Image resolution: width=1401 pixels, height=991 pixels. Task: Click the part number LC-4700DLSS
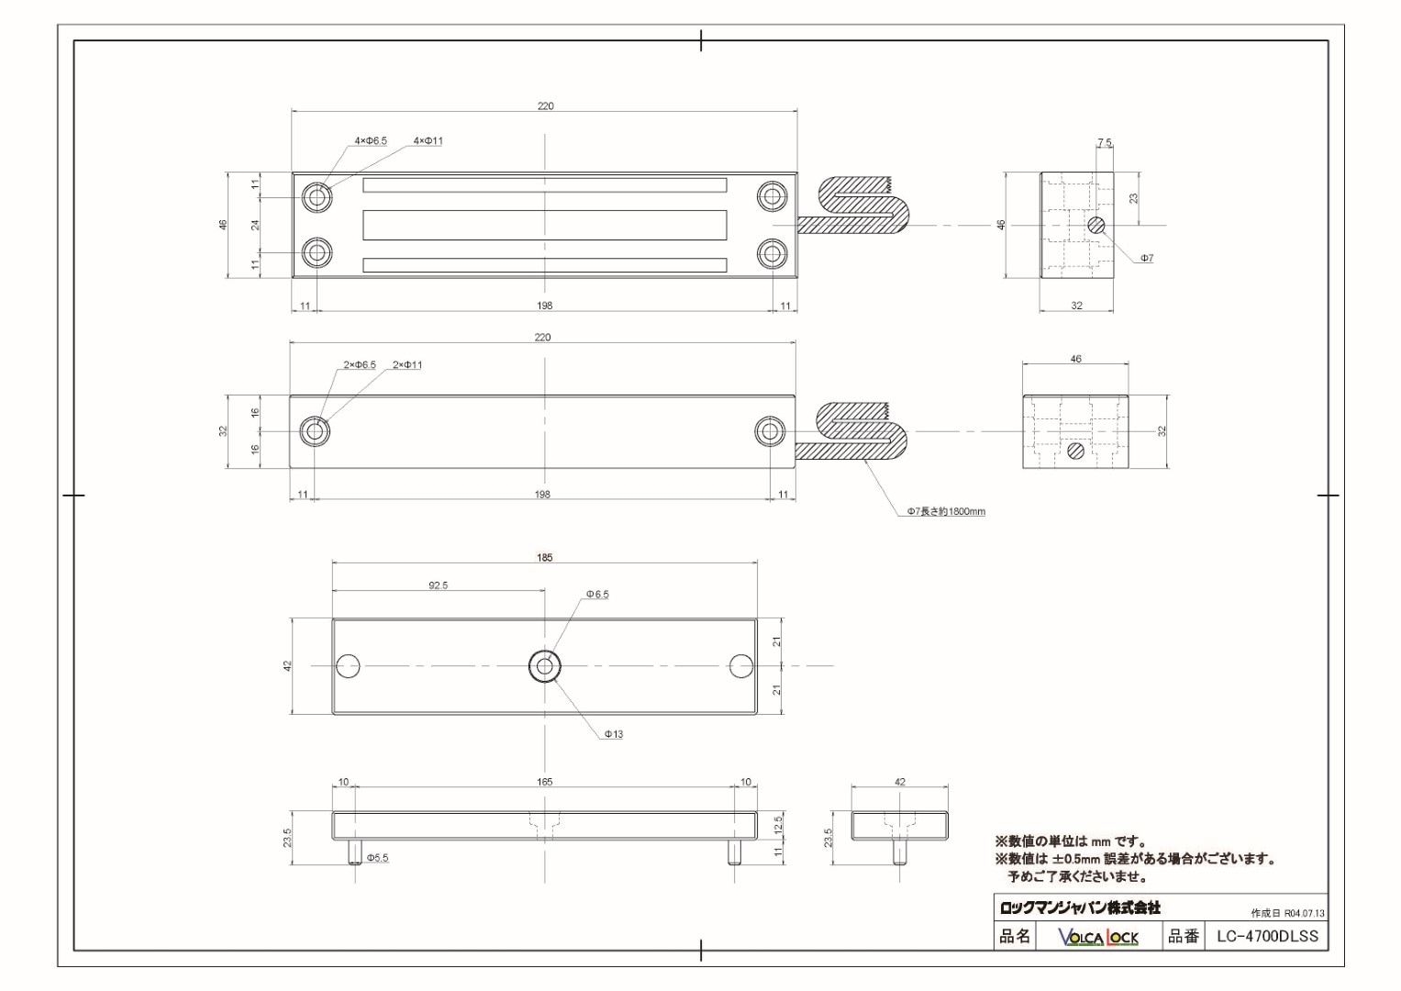1267,936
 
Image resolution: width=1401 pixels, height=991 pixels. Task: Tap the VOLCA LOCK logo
1098,937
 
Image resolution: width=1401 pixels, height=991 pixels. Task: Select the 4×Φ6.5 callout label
371,141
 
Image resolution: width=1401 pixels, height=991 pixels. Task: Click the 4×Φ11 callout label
428,141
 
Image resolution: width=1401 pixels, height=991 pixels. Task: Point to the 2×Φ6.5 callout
360,365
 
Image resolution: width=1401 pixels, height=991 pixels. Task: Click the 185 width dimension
545,558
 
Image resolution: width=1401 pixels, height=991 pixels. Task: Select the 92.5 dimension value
438,585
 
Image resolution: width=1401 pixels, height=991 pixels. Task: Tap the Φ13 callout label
614,734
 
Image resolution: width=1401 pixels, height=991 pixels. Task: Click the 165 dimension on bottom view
545,783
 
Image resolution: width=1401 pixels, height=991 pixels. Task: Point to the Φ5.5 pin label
377,858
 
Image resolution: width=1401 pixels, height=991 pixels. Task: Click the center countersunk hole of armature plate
545,666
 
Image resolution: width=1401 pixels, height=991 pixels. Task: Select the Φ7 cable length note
946,512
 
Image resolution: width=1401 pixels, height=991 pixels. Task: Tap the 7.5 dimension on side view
1104,143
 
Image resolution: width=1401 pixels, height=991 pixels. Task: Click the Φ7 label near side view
1147,259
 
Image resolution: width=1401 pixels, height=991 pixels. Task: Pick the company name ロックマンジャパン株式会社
1080,907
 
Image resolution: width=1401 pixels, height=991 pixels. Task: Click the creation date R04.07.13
1288,914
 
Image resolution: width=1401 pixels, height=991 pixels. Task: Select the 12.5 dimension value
778,825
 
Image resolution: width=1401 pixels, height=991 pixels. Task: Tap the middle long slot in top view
545,225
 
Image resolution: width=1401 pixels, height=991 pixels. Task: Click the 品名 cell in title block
1015,936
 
